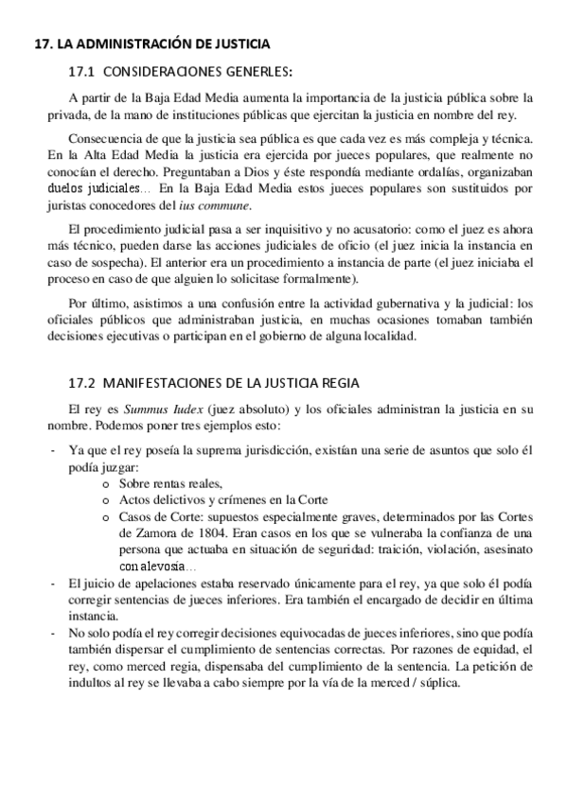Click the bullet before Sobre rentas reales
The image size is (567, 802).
tap(103, 482)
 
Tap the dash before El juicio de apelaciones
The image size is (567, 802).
tap(52, 582)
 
